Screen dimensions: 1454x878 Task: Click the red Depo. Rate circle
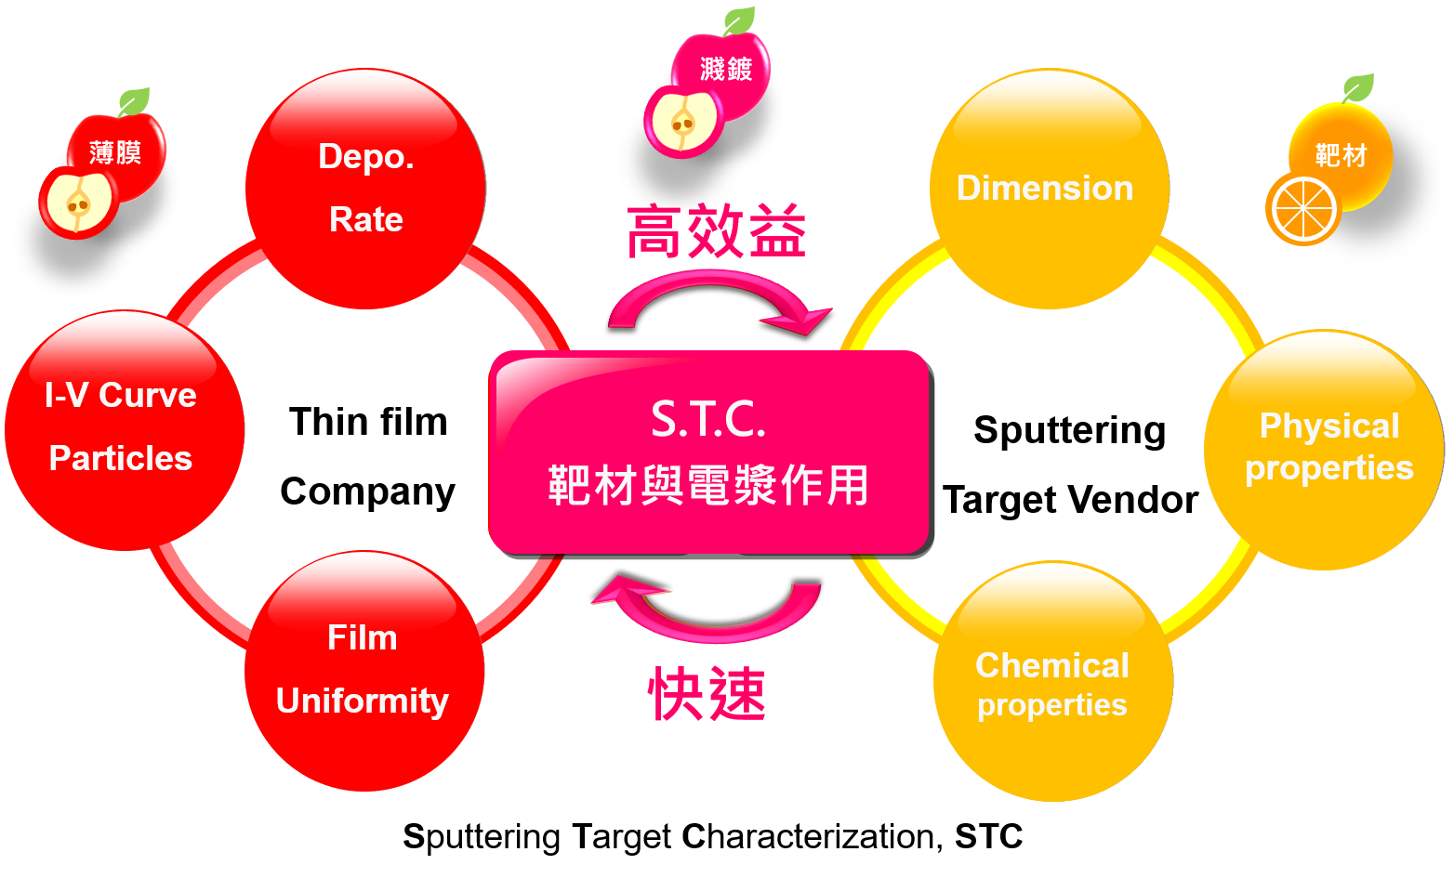pyautogui.click(x=365, y=189)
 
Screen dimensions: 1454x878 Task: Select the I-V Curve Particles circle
pyautogui.click(x=125, y=430)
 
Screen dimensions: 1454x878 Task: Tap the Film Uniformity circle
pyautogui.click(x=364, y=671)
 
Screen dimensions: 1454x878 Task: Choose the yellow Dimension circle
pyautogui.click(x=1050, y=189)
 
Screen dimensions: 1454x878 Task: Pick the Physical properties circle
pyautogui.click(x=1324, y=450)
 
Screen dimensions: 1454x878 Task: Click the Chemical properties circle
pyautogui.click(x=1053, y=681)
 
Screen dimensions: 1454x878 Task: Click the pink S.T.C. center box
pyautogui.click(x=711, y=453)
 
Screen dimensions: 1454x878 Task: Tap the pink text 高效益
pyautogui.click(x=717, y=231)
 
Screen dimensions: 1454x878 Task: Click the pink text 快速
pyautogui.click(x=707, y=694)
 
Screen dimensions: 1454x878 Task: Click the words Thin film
pyautogui.click(x=369, y=422)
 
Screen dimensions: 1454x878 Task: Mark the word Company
pyautogui.click(x=368, y=492)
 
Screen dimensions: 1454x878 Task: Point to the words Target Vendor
pyautogui.click(x=1071, y=501)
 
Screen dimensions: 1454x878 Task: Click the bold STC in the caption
pyautogui.click(x=988, y=836)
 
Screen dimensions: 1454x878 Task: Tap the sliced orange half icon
pyautogui.click(x=1302, y=209)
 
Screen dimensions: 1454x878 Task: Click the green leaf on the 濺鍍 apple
pyautogui.click(x=739, y=20)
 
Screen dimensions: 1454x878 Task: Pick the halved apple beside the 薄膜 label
pyautogui.click(x=78, y=202)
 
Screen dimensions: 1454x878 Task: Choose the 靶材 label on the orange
pyautogui.click(x=1342, y=156)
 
